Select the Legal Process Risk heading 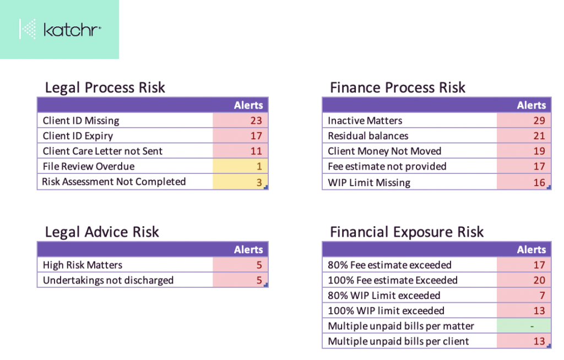(x=105, y=88)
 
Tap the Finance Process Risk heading (x=397, y=88)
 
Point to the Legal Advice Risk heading (x=102, y=232)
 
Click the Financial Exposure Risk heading (x=406, y=232)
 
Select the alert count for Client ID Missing (x=240, y=121)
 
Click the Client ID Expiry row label (x=78, y=136)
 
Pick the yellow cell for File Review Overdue (x=240, y=166)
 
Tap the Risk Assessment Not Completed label (x=114, y=182)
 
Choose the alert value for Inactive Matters (x=524, y=121)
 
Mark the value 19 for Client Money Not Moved (x=524, y=151)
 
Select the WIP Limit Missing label (x=369, y=182)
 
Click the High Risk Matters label (x=83, y=265)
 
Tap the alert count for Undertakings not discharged (x=240, y=280)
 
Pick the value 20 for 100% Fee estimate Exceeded (x=524, y=280)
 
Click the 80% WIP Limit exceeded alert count (x=524, y=296)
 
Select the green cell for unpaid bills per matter (x=524, y=326)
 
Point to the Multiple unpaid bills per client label (x=398, y=341)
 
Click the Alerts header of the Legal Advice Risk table (x=248, y=250)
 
